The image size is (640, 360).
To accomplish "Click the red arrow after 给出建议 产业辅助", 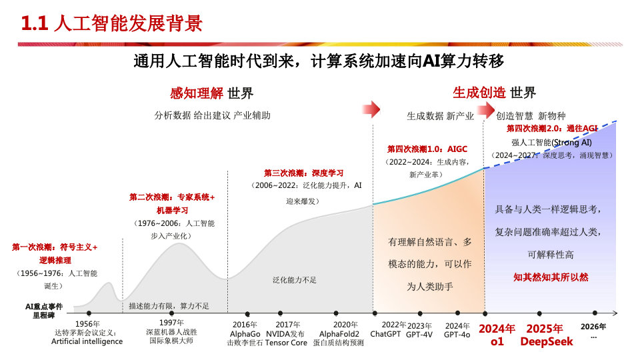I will tap(371, 109).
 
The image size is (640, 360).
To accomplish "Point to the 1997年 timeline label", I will tap(171, 323).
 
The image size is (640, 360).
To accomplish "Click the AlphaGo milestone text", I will tap(245, 333).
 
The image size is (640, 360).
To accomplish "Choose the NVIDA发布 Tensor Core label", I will tap(286, 338).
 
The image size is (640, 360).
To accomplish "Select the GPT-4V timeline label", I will tap(420, 334).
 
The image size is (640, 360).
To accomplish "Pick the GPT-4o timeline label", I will tap(457, 334).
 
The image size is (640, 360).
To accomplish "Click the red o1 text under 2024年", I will tap(497, 342).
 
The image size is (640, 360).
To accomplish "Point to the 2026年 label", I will tap(593, 327).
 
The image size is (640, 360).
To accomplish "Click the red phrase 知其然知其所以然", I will tap(551, 277).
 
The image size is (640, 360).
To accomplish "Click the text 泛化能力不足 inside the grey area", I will tap(295, 280).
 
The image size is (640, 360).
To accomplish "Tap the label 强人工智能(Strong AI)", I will tap(551, 142).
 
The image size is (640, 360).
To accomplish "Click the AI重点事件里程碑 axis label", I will tap(44, 311).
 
